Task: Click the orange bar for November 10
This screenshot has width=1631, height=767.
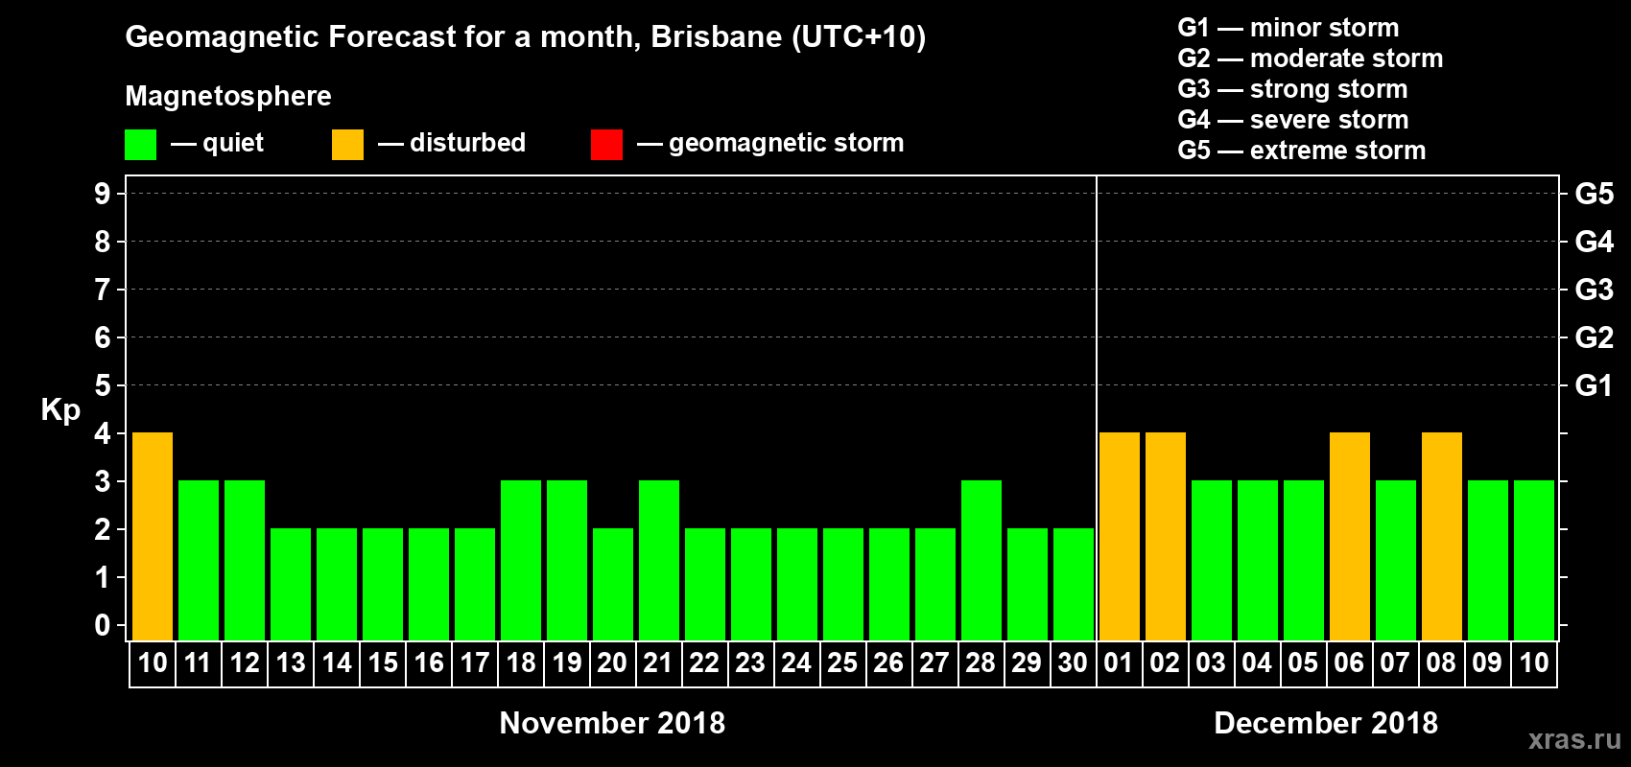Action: point(153,536)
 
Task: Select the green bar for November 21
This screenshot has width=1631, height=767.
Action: point(659,560)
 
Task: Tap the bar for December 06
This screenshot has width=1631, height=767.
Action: point(1350,536)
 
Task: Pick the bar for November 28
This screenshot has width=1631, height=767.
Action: point(981,560)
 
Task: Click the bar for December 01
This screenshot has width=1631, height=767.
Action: point(1120,536)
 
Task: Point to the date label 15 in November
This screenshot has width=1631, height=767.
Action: point(383,662)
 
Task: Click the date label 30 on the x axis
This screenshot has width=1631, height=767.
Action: point(1073,662)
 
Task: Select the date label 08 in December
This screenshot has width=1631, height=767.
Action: point(1441,662)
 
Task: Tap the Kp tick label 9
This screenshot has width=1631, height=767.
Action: point(103,194)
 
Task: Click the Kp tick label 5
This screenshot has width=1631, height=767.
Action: point(103,385)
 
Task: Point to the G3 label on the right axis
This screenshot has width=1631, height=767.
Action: point(1594,290)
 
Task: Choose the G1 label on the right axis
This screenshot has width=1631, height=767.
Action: point(1594,385)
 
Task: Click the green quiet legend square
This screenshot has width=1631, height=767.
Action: point(141,145)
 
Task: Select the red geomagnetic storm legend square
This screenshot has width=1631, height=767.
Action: point(606,145)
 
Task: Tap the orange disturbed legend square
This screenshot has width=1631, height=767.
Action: point(347,145)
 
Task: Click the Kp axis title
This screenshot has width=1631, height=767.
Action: point(60,409)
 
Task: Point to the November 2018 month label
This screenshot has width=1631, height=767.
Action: point(612,723)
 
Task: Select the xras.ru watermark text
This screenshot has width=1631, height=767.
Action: point(1574,739)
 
